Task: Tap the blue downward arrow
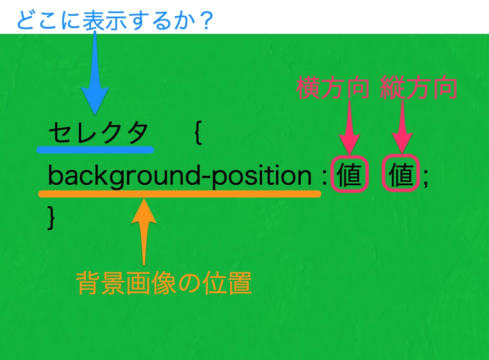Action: [x=96, y=76]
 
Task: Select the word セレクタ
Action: [x=98, y=133]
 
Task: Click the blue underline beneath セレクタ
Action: [x=96, y=149]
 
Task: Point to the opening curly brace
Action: [x=199, y=135]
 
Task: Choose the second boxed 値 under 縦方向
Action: [x=402, y=175]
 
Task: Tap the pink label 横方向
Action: [x=332, y=88]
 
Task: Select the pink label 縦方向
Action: [x=419, y=88]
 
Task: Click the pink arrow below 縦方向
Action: [x=402, y=127]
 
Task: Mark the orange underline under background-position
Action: [x=180, y=194]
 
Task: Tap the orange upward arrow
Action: [x=143, y=229]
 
